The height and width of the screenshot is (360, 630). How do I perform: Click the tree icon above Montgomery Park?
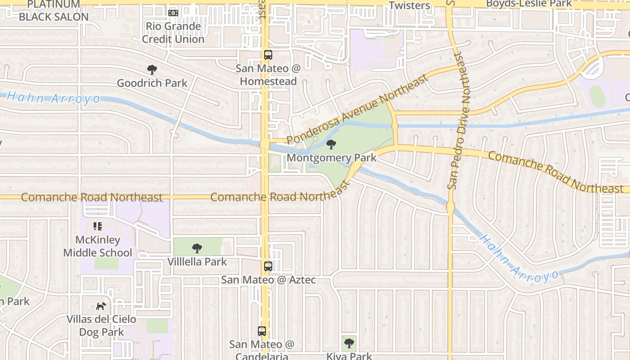tap(331, 144)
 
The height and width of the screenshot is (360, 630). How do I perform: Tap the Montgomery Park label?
tap(331, 158)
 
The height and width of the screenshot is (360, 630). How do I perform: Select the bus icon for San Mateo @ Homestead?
tap(268, 55)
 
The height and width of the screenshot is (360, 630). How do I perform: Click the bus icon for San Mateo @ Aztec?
tap(268, 266)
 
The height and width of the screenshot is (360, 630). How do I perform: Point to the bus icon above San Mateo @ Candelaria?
tap(262, 331)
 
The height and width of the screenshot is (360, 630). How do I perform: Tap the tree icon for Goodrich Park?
tap(152, 70)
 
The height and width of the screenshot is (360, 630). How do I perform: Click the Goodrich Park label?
tap(152, 83)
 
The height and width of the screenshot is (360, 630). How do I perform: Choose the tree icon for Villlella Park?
tap(197, 248)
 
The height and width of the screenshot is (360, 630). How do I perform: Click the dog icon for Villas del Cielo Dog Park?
tap(101, 306)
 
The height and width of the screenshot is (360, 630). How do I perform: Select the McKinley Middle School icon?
tap(98, 226)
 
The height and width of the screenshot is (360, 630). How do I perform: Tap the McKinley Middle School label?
tap(98, 246)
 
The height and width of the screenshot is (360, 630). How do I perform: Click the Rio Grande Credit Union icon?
tap(173, 13)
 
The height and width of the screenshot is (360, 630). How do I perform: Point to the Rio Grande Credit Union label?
tap(173, 32)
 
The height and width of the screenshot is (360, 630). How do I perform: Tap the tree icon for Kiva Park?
tap(349, 344)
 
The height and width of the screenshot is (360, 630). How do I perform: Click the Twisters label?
tap(409, 5)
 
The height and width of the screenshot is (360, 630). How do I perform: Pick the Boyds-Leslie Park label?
tap(529, 4)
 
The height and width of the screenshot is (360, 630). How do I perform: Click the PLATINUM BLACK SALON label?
tap(54, 11)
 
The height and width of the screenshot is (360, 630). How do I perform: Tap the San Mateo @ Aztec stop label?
tap(268, 280)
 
